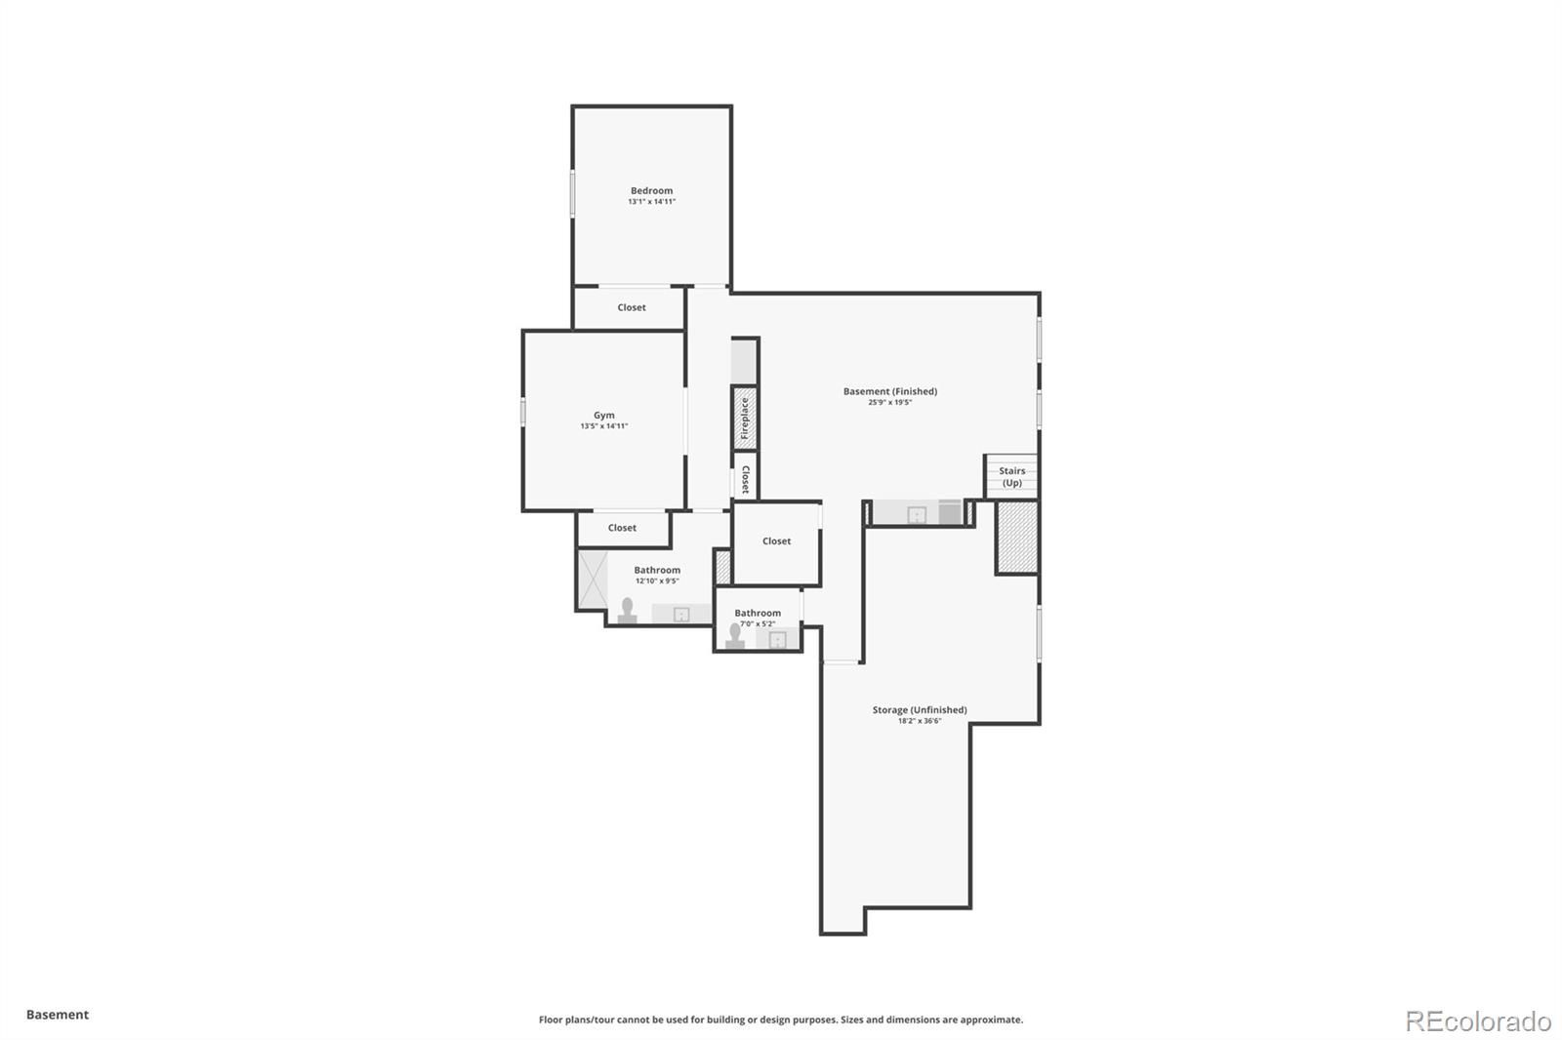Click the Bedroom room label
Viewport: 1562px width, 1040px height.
pyautogui.click(x=651, y=190)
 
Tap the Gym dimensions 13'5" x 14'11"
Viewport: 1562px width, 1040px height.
pyautogui.click(x=604, y=426)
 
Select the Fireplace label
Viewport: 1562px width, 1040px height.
pyautogui.click(x=745, y=419)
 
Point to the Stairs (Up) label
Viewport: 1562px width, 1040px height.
pyautogui.click(x=1011, y=477)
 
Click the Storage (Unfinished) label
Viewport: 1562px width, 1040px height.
pyautogui.click(x=919, y=709)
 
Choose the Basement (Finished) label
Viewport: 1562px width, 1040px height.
pyautogui.click(x=889, y=391)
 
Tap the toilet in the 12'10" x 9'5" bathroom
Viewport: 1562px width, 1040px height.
pyautogui.click(x=627, y=610)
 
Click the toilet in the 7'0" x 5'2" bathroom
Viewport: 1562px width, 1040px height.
pyautogui.click(x=734, y=636)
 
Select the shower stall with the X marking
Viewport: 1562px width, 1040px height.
pyautogui.click(x=593, y=580)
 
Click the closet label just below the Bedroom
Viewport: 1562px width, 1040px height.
pyautogui.click(x=631, y=307)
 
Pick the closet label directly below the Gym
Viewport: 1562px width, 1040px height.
pyautogui.click(x=622, y=528)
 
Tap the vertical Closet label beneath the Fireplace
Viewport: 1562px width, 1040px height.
pyautogui.click(x=746, y=480)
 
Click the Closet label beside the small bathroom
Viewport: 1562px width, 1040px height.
pyautogui.click(x=776, y=540)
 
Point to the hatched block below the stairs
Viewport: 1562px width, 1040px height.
pyautogui.click(x=1016, y=538)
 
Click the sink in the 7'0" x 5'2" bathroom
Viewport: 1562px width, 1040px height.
pyautogui.click(x=777, y=639)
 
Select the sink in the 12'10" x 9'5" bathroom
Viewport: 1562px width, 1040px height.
pyautogui.click(x=681, y=614)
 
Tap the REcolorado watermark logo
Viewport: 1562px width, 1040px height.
pyautogui.click(x=1478, y=1021)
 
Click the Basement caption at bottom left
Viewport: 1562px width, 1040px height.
pyautogui.click(x=58, y=1015)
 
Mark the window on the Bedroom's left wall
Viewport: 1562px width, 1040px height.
pyautogui.click(x=572, y=193)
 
